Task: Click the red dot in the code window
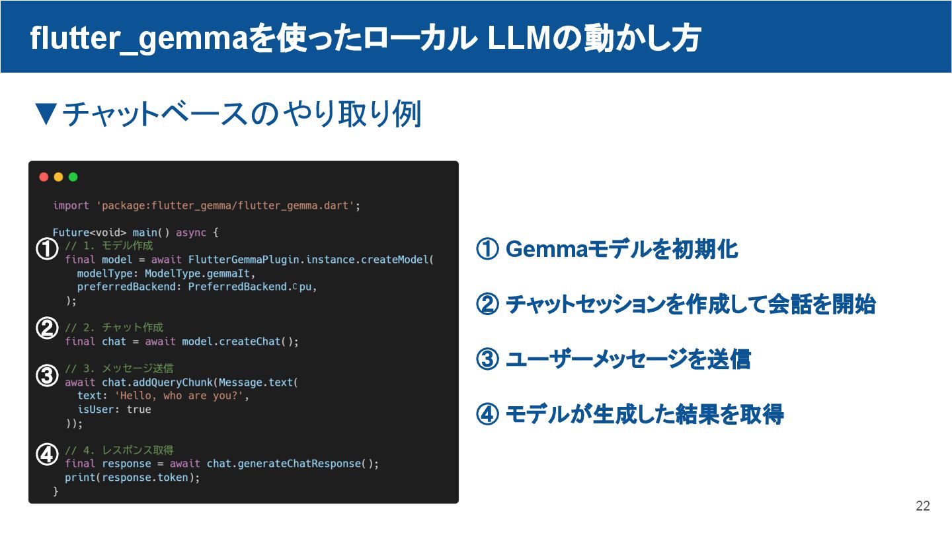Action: (x=44, y=177)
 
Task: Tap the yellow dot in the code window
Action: (x=58, y=177)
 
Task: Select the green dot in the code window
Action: (x=73, y=177)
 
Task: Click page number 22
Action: (x=923, y=506)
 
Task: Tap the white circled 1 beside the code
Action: (x=46, y=249)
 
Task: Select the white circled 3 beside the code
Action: (x=46, y=376)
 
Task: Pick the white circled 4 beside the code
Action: (x=46, y=454)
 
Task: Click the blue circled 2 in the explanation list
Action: (x=487, y=305)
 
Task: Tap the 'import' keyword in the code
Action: (x=71, y=205)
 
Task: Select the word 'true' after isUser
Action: (x=139, y=410)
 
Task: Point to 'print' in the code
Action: (x=80, y=477)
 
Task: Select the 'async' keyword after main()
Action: (x=191, y=232)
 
